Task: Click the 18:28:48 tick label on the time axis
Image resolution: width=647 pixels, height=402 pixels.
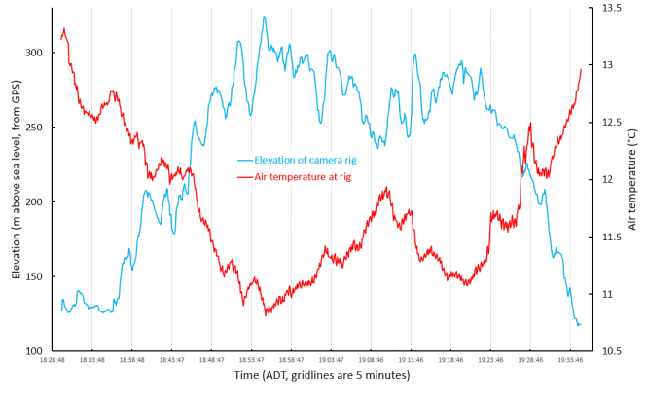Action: coord(53,359)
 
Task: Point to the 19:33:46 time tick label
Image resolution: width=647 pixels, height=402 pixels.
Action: coord(570,359)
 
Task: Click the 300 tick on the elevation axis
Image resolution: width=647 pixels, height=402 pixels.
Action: coord(36,53)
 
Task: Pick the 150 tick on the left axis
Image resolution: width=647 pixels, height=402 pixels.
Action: coord(36,277)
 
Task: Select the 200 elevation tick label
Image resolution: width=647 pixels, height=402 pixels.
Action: coord(36,202)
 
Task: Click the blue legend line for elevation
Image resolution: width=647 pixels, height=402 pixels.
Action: coord(244,160)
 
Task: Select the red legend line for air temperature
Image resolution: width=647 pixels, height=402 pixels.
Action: coord(244,176)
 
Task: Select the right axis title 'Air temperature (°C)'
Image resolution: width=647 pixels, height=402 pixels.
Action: coord(631,179)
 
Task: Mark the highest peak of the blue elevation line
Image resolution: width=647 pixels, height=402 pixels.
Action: coord(264,17)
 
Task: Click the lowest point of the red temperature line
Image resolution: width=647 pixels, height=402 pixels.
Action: coord(265,314)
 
